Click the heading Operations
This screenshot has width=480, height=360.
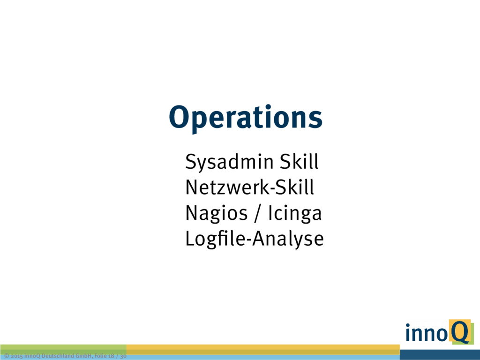click(x=246, y=117)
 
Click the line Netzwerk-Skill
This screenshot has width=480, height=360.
click(x=250, y=187)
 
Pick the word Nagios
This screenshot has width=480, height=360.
click(x=217, y=214)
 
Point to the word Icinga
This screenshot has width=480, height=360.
click(x=295, y=214)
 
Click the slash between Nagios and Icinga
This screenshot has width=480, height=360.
click(x=258, y=214)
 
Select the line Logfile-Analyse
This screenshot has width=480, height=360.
click(x=255, y=239)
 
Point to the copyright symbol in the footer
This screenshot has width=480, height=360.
click(x=7, y=356)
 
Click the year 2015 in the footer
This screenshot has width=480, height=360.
click(x=16, y=356)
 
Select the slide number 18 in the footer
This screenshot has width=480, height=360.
click(x=111, y=356)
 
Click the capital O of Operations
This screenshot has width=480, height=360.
click(x=180, y=117)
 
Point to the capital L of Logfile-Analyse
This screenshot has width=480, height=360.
click(x=190, y=239)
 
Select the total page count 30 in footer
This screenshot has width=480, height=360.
click(x=123, y=356)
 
